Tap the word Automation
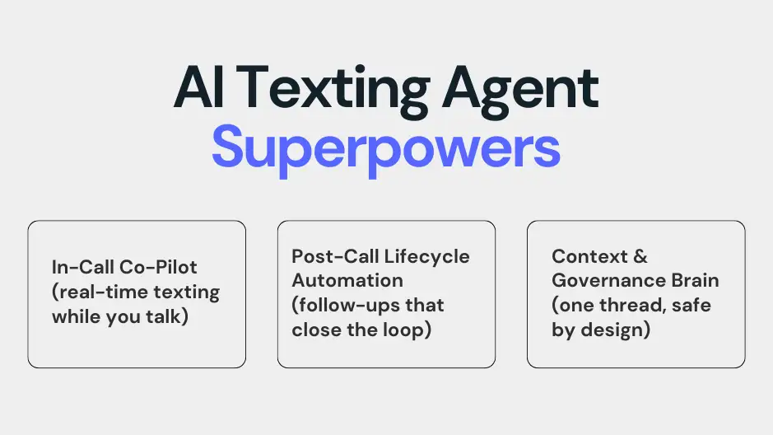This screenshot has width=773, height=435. tap(347, 280)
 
